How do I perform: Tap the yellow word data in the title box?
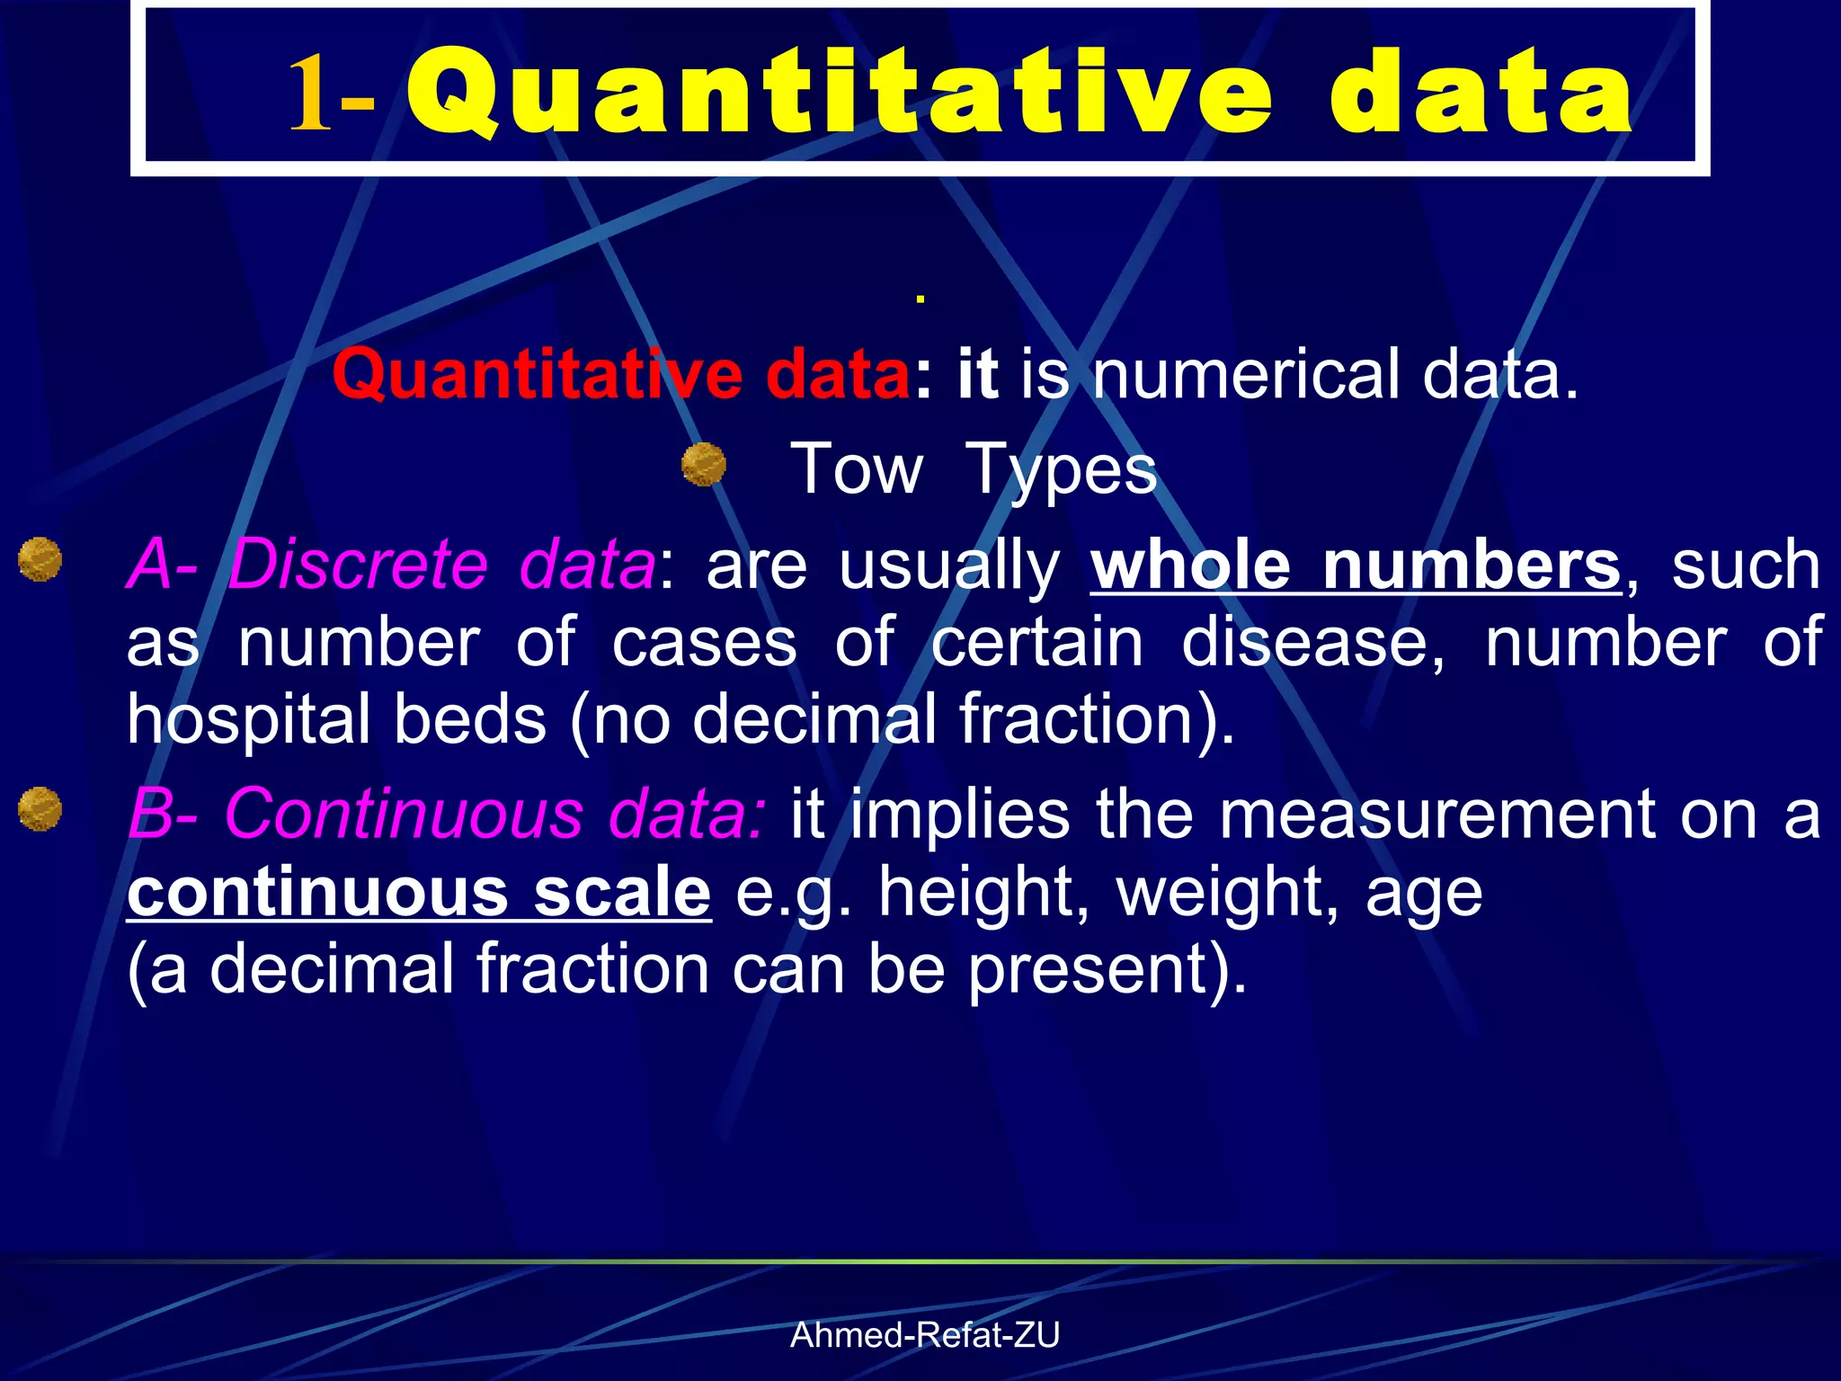click(1481, 94)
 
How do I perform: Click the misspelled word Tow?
click(856, 469)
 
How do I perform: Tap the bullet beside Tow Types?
click(704, 464)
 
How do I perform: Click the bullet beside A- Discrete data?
click(40, 559)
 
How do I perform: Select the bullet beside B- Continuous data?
click(40, 808)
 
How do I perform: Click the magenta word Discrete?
click(358, 565)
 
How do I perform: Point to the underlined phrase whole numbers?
click(1356, 565)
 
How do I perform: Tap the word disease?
click(1312, 642)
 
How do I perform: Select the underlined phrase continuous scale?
click(419, 892)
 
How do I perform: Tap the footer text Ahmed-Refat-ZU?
click(925, 1335)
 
